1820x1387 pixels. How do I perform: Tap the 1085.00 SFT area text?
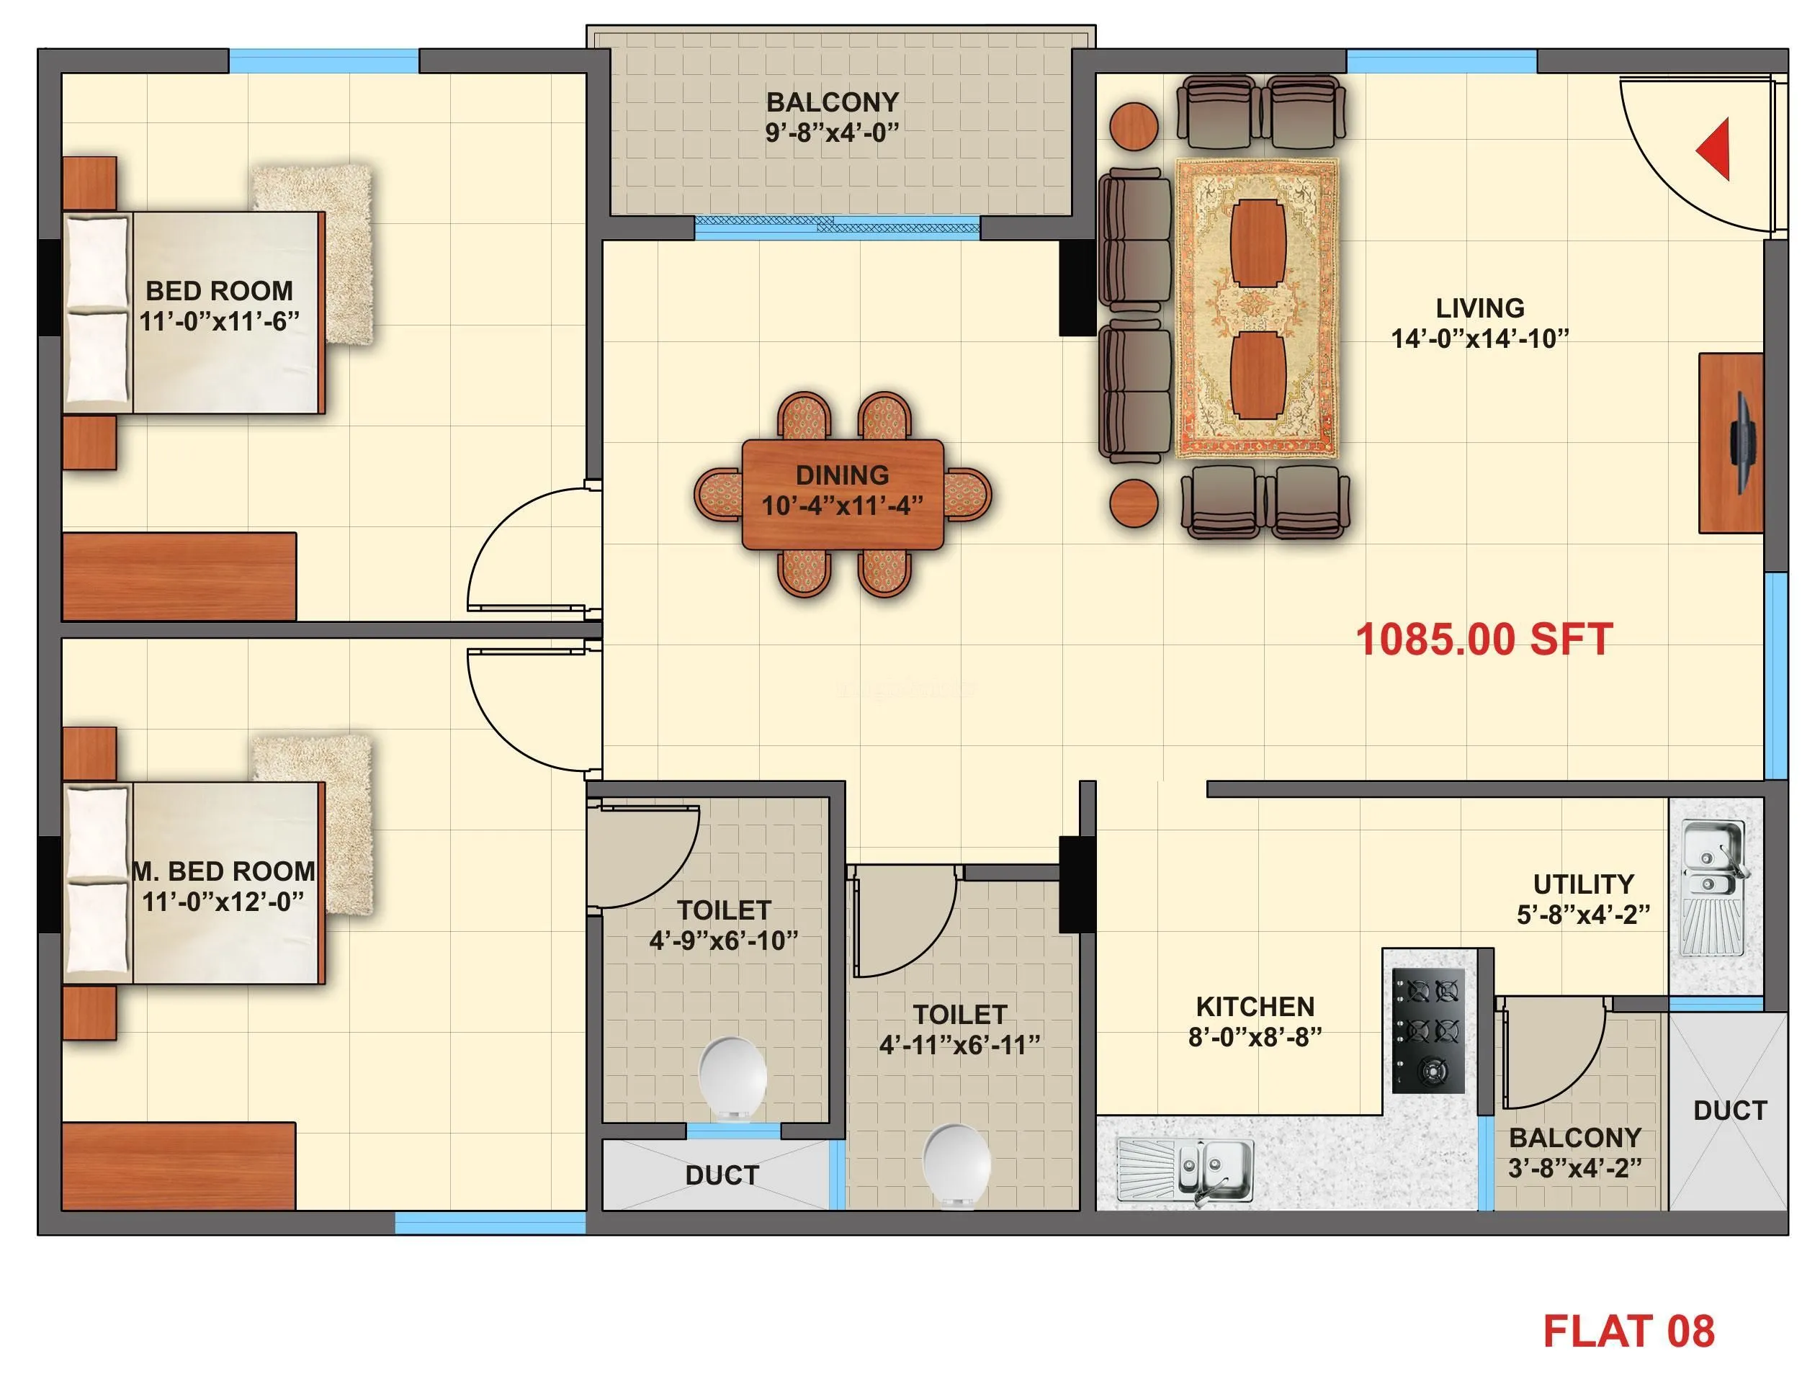1483,639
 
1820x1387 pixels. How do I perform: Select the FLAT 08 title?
1628,1331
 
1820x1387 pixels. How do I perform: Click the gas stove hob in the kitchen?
1427,1031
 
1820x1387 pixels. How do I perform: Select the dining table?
841,494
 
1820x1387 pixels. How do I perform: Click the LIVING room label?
1480,308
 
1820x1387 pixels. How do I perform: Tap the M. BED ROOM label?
223,871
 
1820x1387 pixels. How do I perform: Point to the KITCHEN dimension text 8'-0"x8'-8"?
1255,1037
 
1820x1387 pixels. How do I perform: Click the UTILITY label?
1583,884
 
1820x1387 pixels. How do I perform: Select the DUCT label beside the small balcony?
1729,1110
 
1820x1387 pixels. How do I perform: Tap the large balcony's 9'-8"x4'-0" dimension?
832,132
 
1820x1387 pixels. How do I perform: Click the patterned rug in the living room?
1256,308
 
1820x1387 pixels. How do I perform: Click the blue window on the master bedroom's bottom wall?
490,1222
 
